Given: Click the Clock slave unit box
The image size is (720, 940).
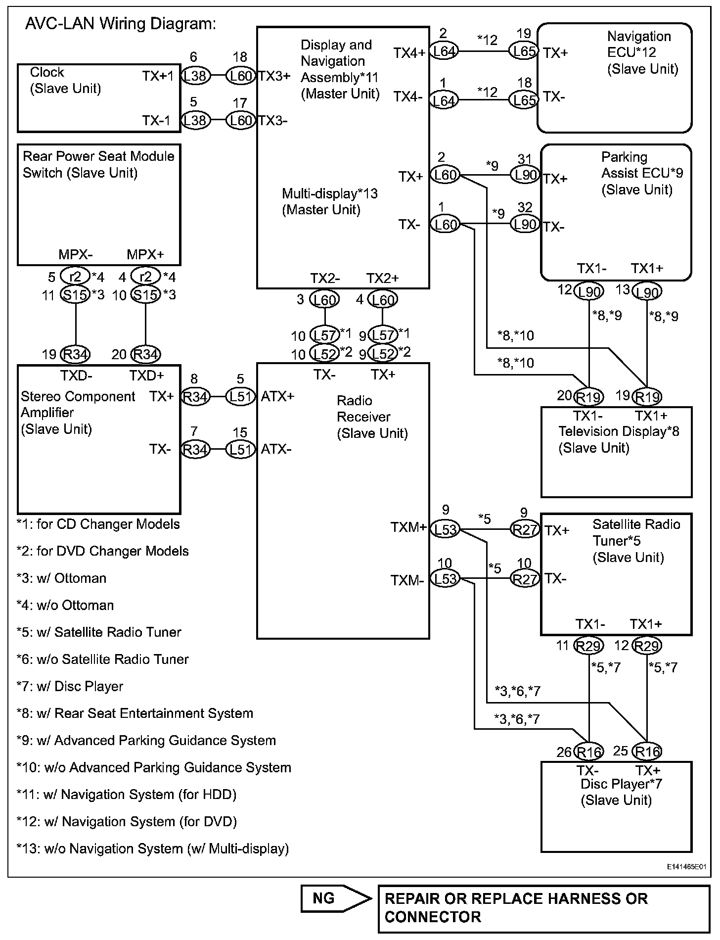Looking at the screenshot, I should pos(99,98).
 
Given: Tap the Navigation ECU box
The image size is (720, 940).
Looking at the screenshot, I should pos(614,78).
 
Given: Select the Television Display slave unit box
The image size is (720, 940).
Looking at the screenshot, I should pos(616,452).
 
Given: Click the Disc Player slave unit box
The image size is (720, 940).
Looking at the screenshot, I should pos(616,806).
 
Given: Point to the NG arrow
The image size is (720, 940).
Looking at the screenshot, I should pos(336,898).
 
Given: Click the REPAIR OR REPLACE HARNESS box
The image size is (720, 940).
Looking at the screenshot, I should pos(543,909).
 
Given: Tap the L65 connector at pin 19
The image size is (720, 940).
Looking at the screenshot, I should pos(523,51).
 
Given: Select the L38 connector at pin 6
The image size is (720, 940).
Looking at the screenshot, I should pos(196,76).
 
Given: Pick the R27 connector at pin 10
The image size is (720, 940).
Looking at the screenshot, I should pos(524,578).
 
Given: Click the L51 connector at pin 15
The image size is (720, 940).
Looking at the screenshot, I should pos(240,449).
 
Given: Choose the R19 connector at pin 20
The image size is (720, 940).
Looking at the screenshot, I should pos(589,397).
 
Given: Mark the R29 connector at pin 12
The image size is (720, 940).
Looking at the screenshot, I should pos(647,646).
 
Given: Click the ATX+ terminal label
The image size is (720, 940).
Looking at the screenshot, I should pos(277,396).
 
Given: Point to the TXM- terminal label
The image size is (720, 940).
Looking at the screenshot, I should pos(407,580).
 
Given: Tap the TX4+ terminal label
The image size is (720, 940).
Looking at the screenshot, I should pos(409,52).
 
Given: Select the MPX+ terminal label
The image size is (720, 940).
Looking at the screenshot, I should pos(145,255).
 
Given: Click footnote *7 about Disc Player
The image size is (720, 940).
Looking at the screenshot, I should pos(70,686).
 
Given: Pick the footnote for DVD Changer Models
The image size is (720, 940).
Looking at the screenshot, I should pos(102,551).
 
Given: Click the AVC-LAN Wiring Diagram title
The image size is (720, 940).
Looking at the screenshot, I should pos(121,24).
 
